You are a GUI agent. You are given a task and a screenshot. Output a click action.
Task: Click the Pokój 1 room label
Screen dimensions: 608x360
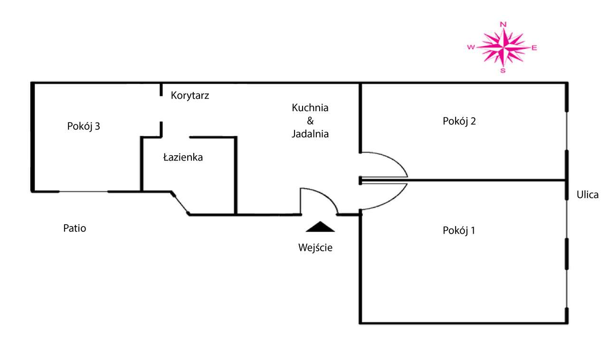coord(459,230)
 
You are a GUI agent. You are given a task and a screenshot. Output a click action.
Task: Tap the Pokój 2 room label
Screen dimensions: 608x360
coord(459,121)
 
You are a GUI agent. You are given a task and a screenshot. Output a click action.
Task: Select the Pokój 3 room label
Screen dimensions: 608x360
coord(84,126)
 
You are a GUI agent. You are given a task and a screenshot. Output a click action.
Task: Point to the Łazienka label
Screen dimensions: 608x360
coord(183,157)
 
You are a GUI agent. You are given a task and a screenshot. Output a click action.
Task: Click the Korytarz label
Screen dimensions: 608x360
coord(190,95)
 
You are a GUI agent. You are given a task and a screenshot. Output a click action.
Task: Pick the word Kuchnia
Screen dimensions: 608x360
coord(310,108)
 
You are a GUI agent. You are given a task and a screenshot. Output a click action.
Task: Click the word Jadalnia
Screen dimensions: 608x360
coord(310,134)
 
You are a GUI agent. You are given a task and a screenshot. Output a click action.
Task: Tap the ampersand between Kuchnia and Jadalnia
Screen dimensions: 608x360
coord(310,121)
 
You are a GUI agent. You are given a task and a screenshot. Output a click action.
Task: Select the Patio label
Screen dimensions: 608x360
coord(75,228)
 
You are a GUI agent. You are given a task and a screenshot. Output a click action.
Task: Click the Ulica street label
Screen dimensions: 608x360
coord(588,195)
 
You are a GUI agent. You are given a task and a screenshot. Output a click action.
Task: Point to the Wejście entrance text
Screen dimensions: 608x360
coord(315,247)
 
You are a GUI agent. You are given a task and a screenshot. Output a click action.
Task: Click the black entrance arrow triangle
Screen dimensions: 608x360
coord(320,227)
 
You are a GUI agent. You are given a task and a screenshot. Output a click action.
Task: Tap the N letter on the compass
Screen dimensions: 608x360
coord(503,24)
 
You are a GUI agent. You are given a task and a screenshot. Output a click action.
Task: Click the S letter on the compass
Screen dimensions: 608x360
coord(503,71)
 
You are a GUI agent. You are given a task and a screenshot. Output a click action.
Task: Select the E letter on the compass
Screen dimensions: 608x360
coord(534,48)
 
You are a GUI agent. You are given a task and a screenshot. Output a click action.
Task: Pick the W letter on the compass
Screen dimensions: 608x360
coord(471,47)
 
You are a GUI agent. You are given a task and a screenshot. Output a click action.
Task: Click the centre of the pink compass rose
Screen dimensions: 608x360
coord(503,47)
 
